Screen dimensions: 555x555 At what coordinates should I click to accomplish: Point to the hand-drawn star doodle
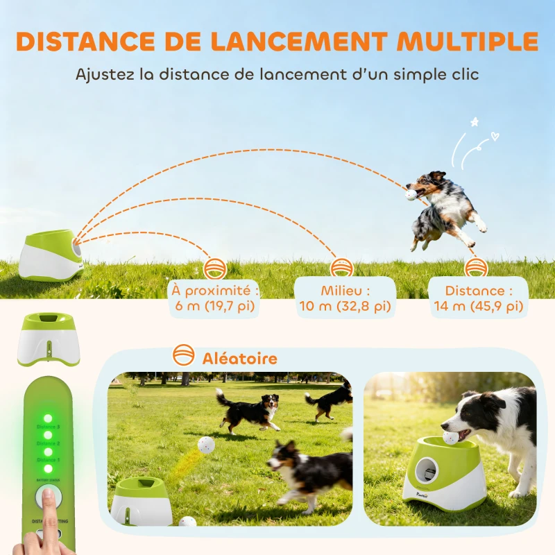[475, 122]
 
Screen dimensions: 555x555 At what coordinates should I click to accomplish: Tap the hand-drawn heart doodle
[493, 135]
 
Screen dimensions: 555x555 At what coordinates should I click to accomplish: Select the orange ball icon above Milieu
[342, 268]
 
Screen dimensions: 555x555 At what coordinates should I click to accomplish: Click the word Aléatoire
[239, 359]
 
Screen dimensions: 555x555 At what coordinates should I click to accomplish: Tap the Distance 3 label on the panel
[48, 427]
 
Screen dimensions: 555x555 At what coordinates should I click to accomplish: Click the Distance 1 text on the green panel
[48, 460]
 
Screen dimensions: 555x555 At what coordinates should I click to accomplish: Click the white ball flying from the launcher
[205, 445]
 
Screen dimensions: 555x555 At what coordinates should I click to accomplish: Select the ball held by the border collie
[451, 437]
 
